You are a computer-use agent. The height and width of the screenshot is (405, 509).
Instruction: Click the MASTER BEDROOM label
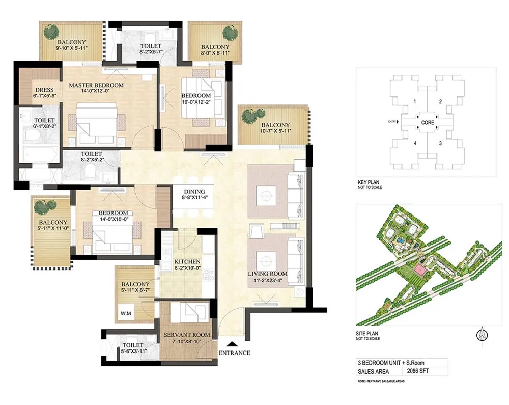(x=96, y=85)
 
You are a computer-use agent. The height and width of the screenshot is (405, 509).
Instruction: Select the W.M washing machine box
(x=126, y=313)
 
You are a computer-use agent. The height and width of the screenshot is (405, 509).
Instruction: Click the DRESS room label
(x=44, y=90)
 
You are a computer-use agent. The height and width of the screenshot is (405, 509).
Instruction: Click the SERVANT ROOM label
(x=187, y=335)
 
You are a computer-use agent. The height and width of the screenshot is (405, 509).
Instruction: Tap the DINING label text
(x=194, y=192)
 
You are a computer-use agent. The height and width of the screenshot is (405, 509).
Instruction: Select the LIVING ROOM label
(x=267, y=274)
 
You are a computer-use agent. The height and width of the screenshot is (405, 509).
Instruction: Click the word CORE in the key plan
(x=428, y=123)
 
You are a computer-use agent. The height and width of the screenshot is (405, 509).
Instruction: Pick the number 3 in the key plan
(x=440, y=143)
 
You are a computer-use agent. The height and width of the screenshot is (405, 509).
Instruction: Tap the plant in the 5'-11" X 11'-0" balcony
(x=44, y=207)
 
